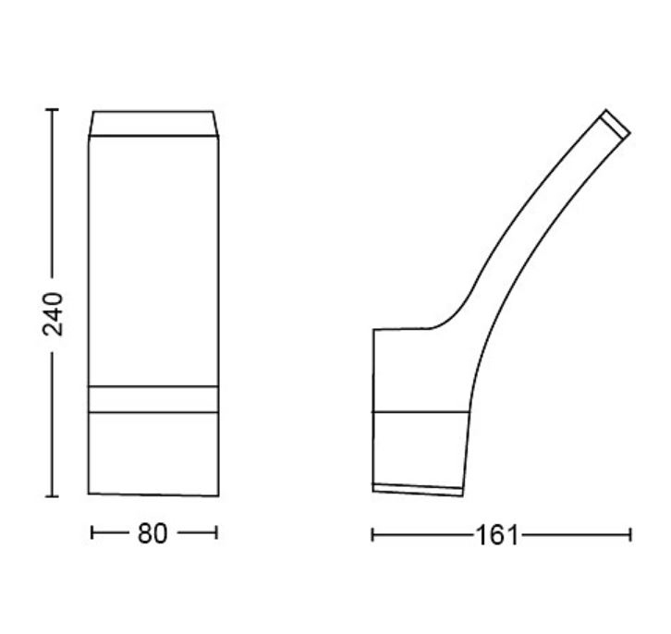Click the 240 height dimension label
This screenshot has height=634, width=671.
click(54, 314)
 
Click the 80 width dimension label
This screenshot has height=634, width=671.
click(152, 534)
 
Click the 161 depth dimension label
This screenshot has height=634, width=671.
click(497, 535)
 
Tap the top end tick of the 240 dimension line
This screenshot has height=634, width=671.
click(52, 110)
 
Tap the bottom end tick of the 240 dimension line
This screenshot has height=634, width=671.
click(52, 496)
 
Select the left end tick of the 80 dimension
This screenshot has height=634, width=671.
click(91, 533)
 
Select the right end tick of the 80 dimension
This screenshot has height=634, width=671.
click(216, 533)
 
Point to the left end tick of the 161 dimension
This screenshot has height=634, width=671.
click(372, 535)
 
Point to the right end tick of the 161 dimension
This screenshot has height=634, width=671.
click(630, 535)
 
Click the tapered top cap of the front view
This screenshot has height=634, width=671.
click(153, 124)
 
